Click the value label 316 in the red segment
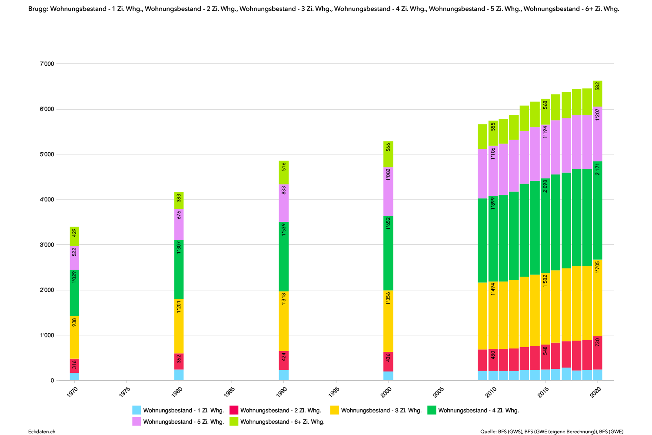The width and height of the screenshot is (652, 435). coord(74,365)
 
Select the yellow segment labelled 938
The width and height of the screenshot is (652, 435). coord(74,337)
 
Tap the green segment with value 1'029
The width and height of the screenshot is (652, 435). coord(74,293)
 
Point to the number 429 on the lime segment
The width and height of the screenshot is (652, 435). coord(74,233)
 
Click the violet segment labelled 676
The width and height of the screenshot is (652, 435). coord(179,224)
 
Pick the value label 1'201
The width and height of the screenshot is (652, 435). coord(179,307)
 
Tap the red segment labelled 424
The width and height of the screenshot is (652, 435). coord(284,360)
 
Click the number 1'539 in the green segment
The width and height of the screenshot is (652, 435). coord(284,229)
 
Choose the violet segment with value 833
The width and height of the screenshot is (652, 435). coord(284,203)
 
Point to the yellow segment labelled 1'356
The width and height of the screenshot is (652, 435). coord(388,321)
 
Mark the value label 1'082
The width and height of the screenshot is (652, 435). coord(388,174)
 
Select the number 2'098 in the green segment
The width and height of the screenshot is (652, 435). coord(546,186)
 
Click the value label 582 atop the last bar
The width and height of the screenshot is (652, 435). coord(598,86)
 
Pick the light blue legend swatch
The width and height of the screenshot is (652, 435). coord(136,410)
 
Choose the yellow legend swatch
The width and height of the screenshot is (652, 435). coord(334,410)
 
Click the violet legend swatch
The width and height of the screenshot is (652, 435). coord(136,421)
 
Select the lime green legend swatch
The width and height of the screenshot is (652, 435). coord(234,421)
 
